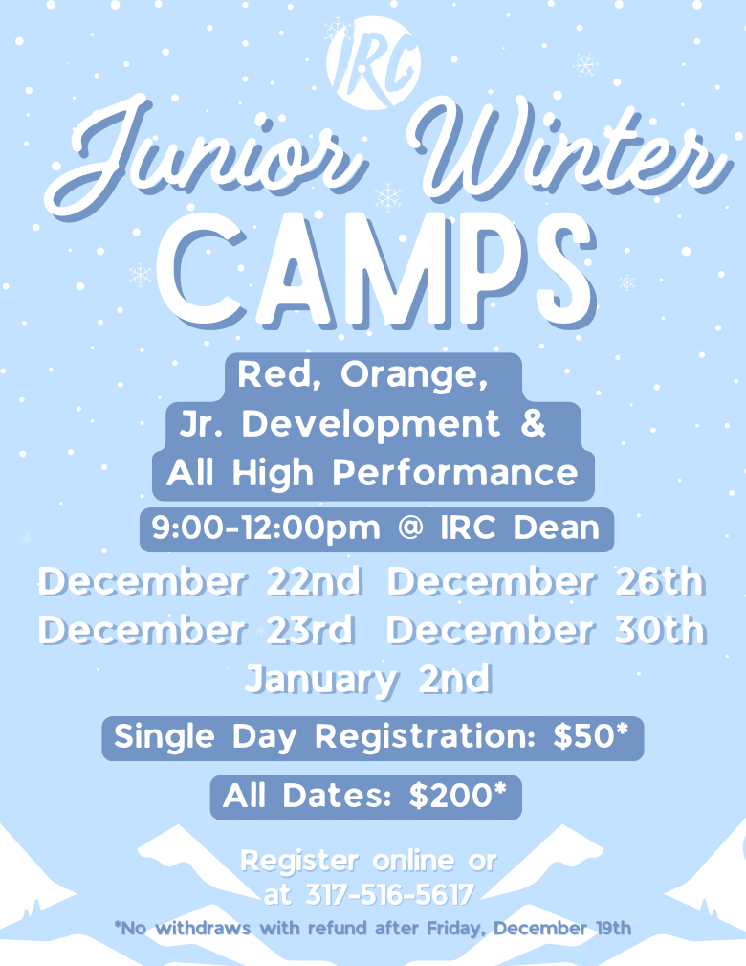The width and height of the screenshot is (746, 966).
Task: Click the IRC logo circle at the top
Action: pyautogui.click(x=374, y=63)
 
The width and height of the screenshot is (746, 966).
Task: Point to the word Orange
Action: pyautogui.click(x=414, y=375)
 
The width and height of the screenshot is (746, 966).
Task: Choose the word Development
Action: pyautogui.click(x=371, y=424)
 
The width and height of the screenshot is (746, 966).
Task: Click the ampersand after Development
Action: pyautogui.click(x=533, y=424)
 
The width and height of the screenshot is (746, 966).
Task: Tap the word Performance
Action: pyautogui.click(x=455, y=474)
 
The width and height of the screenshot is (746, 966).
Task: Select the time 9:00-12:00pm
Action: pyautogui.click(x=266, y=528)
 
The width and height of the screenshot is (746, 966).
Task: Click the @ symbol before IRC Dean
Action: pyautogui.click(x=411, y=528)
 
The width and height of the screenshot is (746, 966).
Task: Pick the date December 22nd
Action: pyautogui.click(x=200, y=582)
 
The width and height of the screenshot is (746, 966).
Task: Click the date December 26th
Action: pyautogui.click(x=545, y=582)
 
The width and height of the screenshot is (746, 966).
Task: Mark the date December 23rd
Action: pyautogui.click(x=197, y=631)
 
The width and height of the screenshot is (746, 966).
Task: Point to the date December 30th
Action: pyautogui.click(x=545, y=631)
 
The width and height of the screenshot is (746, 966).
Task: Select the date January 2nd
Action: pyautogui.click(x=368, y=680)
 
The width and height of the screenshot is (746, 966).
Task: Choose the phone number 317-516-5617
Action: pyautogui.click(x=390, y=894)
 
